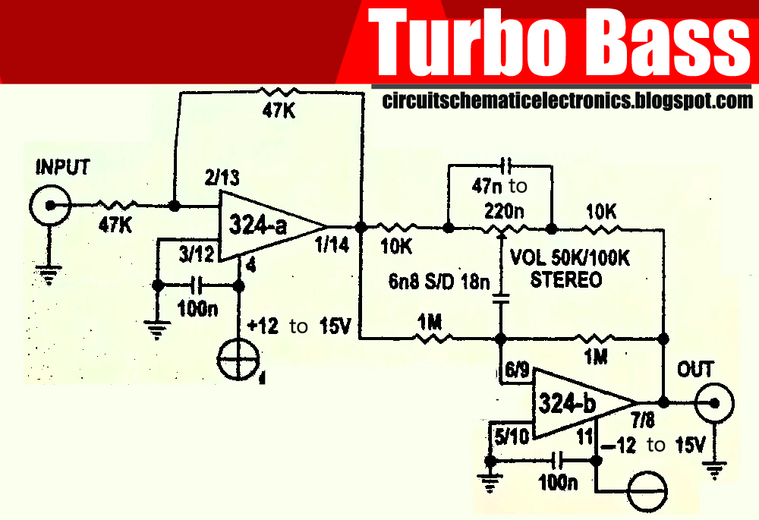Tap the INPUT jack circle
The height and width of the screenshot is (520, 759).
coord(51,205)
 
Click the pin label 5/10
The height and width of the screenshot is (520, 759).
coord(514,438)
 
